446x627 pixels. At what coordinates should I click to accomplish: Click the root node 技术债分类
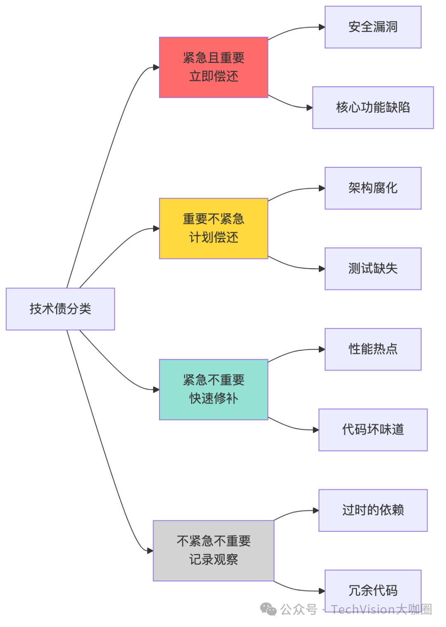click(x=60, y=309)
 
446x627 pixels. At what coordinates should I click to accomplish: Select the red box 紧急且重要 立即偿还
click(x=214, y=67)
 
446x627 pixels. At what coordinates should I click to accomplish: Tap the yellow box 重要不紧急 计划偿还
click(x=214, y=229)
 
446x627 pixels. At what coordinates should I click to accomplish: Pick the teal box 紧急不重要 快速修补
click(x=214, y=390)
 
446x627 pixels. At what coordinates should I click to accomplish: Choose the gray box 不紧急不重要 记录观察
click(x=214, y=551)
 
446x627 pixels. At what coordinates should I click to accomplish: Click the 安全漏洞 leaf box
click(x=373, y=27)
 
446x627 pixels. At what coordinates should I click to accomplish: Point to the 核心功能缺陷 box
click(x=373, y=107)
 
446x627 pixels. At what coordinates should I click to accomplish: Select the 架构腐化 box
click(x=373, y=188)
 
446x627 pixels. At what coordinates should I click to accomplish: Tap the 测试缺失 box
click(x=373, y=269)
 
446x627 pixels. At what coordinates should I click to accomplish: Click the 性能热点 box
click(x=373, y=349)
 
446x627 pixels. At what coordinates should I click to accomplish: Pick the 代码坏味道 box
click(x=373, y=430)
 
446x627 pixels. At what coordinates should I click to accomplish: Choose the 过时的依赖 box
click(x=373, y=510)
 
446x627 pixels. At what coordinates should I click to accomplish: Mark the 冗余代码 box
click(x=373, y=590)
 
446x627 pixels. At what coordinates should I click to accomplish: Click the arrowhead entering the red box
click(x=156, y=67)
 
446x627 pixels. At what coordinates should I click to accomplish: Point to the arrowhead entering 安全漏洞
click(x=322, y=27)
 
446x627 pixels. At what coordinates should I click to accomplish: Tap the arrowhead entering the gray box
click(x=150, y=551)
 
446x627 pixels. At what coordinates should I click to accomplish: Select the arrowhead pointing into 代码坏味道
click(x=316, y=430)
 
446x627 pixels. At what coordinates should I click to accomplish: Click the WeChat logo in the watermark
click(x=268, y=609)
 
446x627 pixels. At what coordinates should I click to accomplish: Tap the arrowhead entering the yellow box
click(x=156, y=229)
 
